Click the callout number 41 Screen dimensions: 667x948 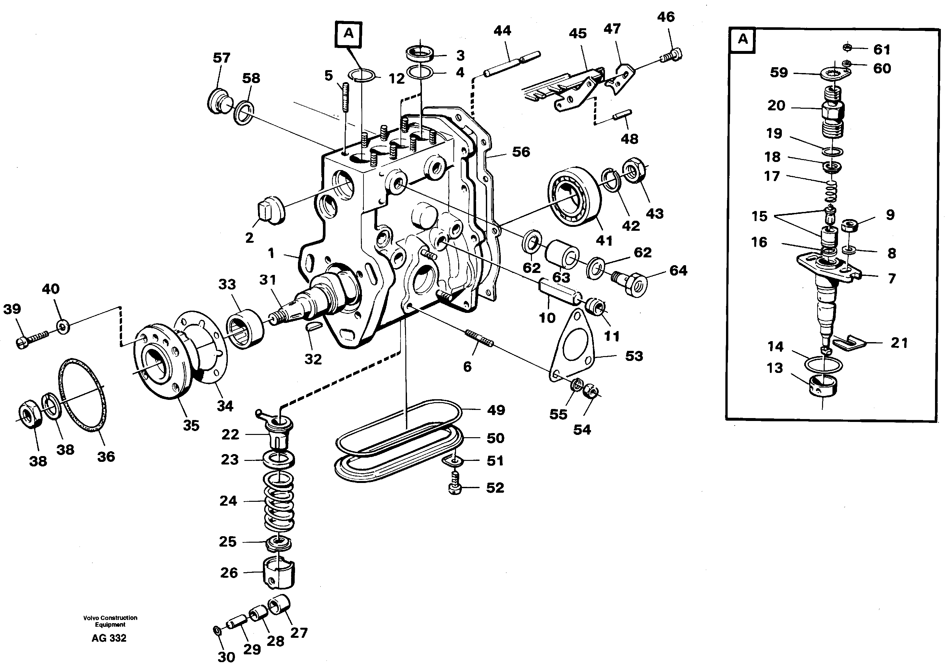(604, 241)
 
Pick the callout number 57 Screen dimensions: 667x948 (221, 57)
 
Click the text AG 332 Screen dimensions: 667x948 (109, 638)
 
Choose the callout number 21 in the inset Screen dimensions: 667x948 (899, 343)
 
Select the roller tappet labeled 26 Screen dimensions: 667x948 (278, 573)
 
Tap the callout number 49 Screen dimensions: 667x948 (496, 410)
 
